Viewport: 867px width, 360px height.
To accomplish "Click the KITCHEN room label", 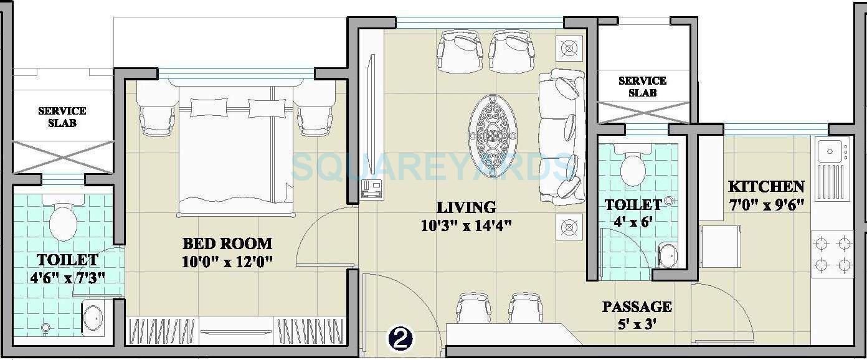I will coord(766,187).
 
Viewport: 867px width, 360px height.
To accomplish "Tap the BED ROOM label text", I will coord(227,244).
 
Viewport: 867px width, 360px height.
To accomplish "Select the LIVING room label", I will coord(465,207).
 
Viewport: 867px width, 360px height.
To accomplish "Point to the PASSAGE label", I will coord(637,306).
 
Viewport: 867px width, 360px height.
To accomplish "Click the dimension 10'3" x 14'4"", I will coord(465,225).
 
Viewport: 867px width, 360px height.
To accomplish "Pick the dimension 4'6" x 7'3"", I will coord(67,277).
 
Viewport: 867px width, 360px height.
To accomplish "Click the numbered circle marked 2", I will coord(400,338).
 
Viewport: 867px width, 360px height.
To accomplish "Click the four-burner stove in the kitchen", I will coord(832,253).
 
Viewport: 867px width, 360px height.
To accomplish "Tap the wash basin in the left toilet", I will coord(93,318).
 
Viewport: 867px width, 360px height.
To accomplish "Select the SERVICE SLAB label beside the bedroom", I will coord(62,117).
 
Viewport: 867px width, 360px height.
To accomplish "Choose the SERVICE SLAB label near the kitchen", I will coord(642,87).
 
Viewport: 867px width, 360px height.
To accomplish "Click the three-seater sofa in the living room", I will coord(562,137).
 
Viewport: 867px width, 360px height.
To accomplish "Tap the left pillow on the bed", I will coord(209,108).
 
